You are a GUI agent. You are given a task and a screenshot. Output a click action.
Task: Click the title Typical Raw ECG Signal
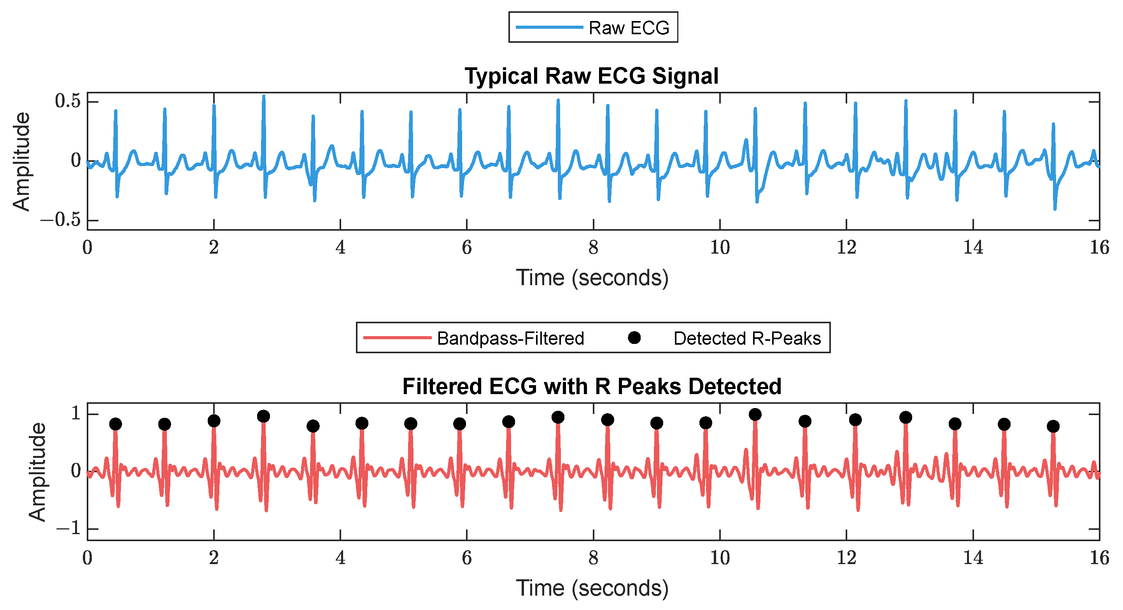click(x=591, y=76)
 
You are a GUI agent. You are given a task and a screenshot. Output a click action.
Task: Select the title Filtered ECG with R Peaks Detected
click(x=591, y=387)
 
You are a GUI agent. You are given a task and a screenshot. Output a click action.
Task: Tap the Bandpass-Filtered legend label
click(x=510, y=339)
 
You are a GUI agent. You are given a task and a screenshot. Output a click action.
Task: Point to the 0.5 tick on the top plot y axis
click(x=68, y=101)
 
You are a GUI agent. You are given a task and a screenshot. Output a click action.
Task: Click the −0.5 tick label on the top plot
click(x=61, y=220)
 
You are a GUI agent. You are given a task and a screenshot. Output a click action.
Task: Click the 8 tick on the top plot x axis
click(x=593, y=248)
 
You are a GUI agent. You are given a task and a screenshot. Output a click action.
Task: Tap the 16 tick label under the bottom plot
click(x=1099, y=558)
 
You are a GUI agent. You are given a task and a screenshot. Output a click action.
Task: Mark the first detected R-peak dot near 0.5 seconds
click(x=116, y=424)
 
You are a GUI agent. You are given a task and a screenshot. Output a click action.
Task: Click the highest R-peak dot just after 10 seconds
click(x=755, y=415)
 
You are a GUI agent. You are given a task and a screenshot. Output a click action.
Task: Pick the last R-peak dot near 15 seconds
click(x=1053, y=426)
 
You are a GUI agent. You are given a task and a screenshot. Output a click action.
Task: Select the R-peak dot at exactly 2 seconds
click(x=214, y=421)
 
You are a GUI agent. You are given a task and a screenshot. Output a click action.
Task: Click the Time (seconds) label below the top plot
click(x=592, y=278)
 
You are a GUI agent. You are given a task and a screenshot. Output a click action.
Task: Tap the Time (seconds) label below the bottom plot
click(x=592, y=588)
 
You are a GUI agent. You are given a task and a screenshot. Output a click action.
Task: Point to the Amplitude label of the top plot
click(x=21, y=161)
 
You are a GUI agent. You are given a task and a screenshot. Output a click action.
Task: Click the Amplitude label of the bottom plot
click(x=37, y=472)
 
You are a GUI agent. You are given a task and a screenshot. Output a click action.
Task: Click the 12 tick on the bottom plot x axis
click(x=846, y=558)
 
